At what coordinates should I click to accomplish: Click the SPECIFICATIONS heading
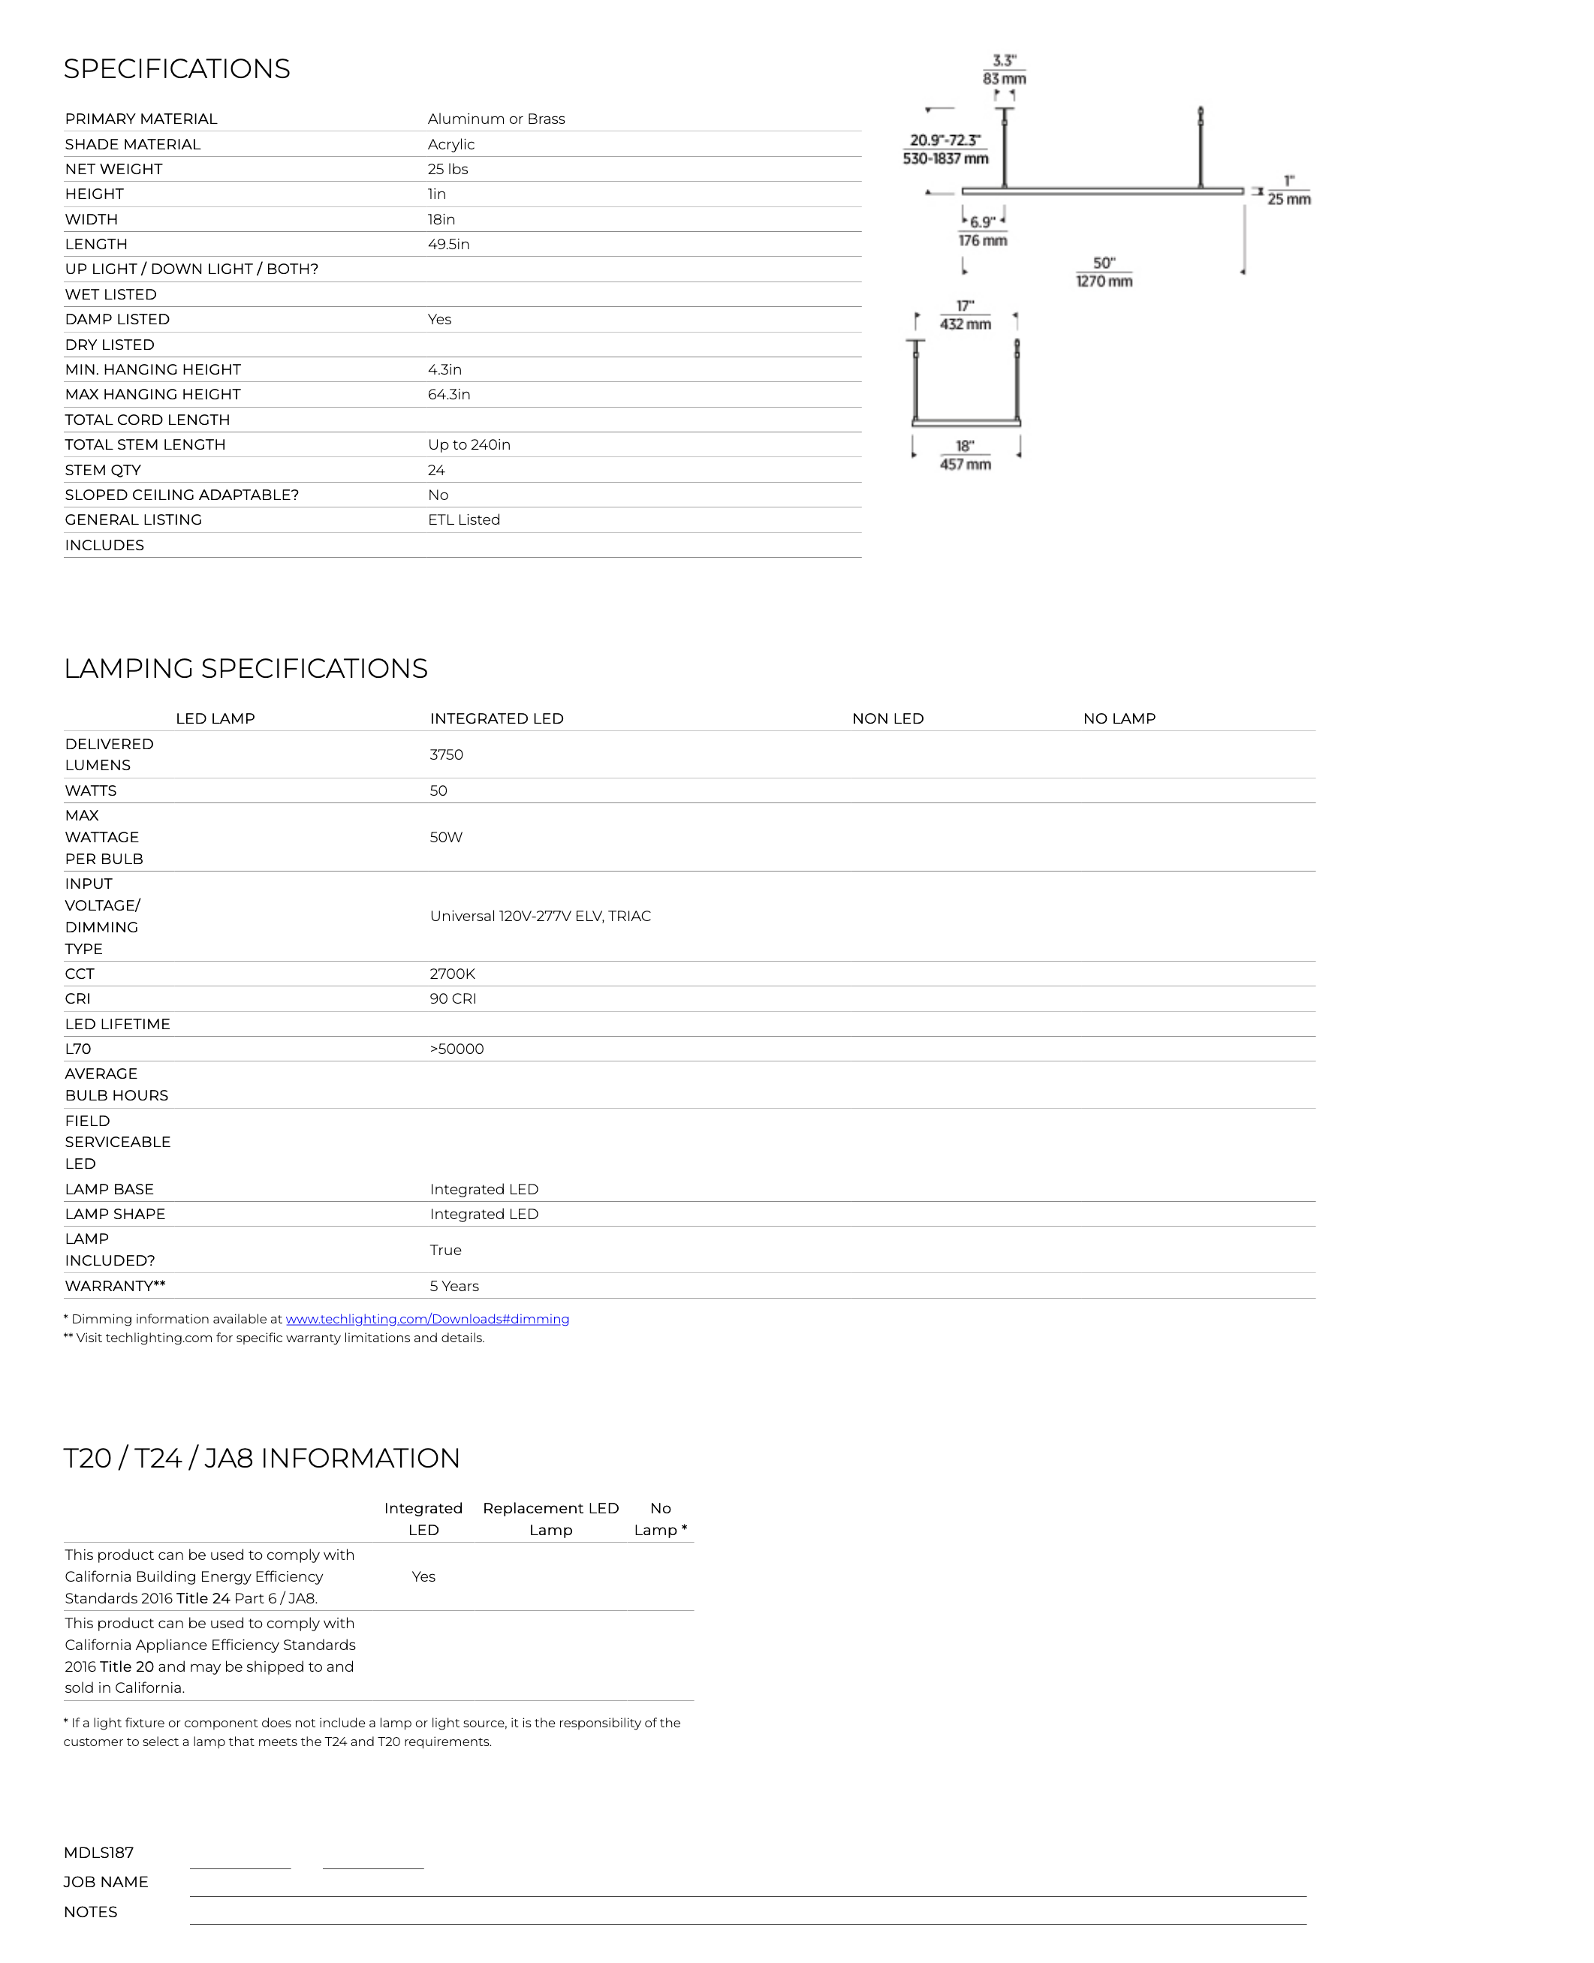coord(176,69)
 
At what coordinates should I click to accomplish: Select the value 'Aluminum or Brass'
coord(496,119)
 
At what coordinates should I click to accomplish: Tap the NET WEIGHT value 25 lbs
coord(447,169)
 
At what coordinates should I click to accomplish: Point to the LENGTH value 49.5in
coord(448,244)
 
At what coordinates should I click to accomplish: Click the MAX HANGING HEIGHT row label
coord(152,395)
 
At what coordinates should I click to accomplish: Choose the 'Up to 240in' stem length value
coord(469,445)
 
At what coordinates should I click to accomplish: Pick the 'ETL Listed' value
coord(464,519)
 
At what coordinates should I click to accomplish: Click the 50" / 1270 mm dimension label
coord(1104,272)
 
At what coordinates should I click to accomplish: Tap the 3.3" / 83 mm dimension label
coord(1005,70)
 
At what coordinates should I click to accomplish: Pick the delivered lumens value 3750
coord(446,754)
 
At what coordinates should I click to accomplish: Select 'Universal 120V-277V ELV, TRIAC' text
coord(540,917)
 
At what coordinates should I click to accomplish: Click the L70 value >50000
coord(457,1049)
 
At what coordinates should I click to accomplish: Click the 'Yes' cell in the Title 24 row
coord(423,1576)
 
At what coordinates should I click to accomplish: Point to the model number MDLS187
coord(98,1853)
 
